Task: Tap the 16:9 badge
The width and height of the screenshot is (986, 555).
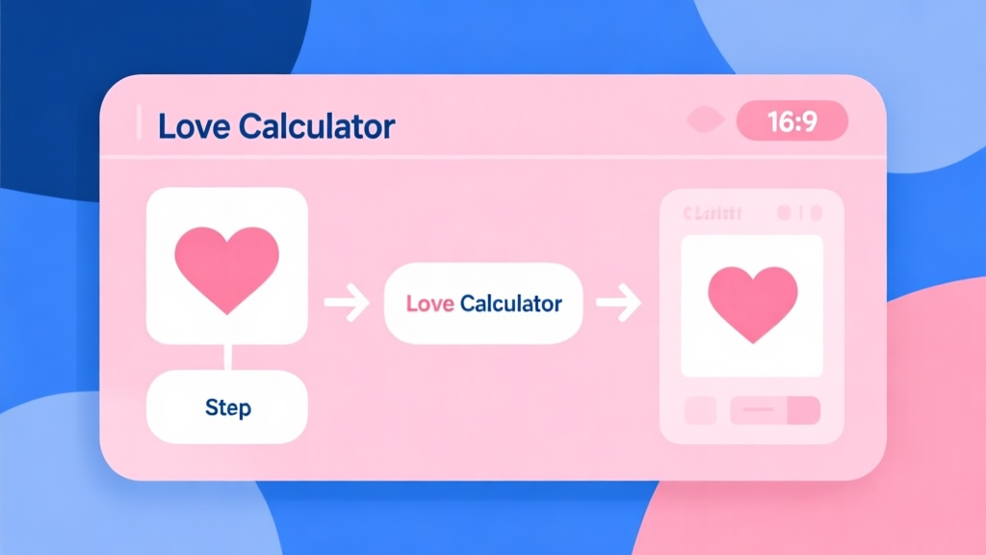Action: point(791,122)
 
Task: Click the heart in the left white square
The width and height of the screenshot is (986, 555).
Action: point(226,267)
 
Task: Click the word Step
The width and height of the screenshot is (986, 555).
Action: point(227,407)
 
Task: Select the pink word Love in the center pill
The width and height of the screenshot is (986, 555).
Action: point(430,304)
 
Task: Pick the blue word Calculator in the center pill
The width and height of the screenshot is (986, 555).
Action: point(510,304)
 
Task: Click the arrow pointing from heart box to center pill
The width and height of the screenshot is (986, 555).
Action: point(347,305)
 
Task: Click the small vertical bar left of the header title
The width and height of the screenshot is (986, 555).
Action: point(140,124)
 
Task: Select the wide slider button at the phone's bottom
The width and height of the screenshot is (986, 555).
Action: point(774,410)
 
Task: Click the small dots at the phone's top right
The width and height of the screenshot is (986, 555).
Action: point(798,212)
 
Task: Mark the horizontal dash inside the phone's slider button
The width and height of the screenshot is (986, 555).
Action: point(760,410)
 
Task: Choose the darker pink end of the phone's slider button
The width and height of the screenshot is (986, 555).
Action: point(804,410)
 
